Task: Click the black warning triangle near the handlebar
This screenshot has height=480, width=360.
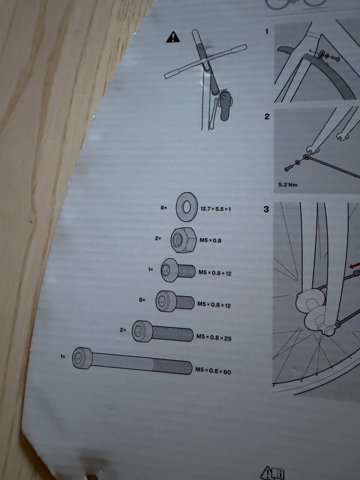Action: tap(173, 37)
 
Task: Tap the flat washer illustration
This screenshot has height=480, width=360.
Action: tap(187, 207)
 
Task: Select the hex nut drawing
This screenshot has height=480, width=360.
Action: tap(183, 240)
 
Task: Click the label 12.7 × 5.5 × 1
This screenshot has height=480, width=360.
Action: tap(216, 209)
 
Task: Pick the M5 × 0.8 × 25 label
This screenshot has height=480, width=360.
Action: tap(214, 337)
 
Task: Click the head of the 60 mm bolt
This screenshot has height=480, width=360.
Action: tap(82, 358)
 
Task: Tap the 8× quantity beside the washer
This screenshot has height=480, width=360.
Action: tap(164, 208)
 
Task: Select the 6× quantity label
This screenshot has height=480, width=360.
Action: tap(142, 300)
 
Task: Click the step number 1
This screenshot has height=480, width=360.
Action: tap(267, 32)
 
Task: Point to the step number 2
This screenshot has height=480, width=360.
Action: tap(267, 117)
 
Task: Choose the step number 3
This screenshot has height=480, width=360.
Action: tap(266, 210)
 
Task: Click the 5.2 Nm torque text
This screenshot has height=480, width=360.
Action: tap(288, 185)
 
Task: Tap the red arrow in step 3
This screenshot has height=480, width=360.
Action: tap(354, 266)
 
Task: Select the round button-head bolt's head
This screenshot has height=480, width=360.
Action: tap(169, 270)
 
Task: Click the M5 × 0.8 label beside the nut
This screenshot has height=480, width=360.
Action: tap(210, 240)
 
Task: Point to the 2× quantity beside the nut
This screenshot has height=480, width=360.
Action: tap(158, 238)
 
